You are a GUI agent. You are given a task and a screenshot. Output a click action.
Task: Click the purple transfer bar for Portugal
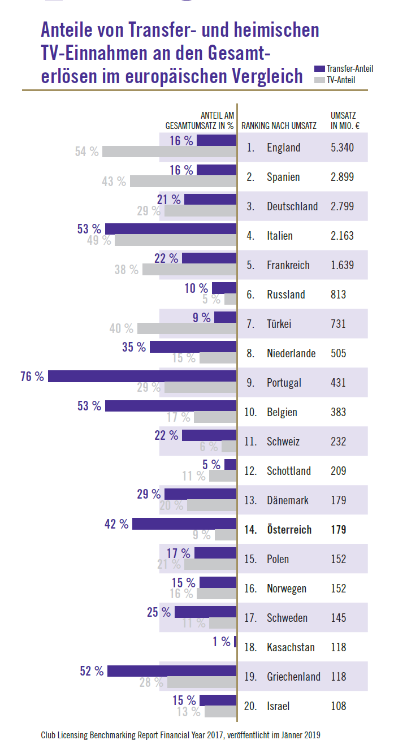click(141, 376)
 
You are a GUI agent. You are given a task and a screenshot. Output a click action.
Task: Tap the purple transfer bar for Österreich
click(184, 523)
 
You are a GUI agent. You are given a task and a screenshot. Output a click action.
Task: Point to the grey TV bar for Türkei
click(187, 328)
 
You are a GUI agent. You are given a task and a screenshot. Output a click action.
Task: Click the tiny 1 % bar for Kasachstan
click(235, 641)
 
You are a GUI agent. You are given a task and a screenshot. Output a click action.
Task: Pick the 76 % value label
click(32, 376)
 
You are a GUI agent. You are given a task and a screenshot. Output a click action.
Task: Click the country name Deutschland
click(292, 206)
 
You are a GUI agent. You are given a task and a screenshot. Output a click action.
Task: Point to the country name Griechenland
click(293, 677)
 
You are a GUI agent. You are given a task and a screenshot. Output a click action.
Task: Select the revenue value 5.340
click(342, 148)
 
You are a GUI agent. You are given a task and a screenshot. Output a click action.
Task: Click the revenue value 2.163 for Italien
click(342, 236)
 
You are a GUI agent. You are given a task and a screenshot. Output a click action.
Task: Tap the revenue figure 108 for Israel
click(338, 706)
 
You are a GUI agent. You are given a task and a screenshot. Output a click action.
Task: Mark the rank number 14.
click(250, 530)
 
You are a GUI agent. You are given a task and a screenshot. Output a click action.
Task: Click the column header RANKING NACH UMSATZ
click(279, 125)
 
